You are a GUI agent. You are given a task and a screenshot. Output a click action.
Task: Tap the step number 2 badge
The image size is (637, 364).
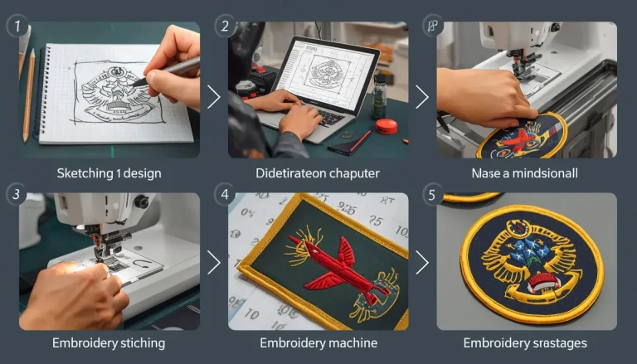click(225, 26)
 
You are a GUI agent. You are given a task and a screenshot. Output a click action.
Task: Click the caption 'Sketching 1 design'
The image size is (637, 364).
click(109, 173)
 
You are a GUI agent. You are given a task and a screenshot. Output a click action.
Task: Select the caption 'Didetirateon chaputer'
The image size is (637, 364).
click(318, 173)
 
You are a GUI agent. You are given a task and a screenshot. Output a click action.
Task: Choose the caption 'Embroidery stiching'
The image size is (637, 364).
click(109, 342)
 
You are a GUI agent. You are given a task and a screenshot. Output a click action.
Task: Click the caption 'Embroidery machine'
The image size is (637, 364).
click(318, 342)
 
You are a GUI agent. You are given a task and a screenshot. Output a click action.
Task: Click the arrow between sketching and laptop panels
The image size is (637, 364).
click(213, 97)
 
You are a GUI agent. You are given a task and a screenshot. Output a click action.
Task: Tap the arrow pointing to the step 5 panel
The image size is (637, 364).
click(422, 263)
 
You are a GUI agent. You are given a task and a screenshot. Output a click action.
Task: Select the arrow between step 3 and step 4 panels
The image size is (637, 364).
click(213, 263)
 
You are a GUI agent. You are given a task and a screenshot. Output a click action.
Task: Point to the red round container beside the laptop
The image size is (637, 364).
click(386, 126)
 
